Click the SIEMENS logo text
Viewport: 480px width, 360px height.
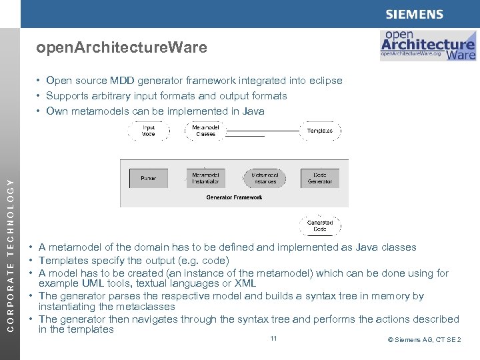pyautogui.click(x=413, y=14)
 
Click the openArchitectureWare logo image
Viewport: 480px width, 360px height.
pyautogui.click(x=427, y=45)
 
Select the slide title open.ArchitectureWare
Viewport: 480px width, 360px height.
pyautogui.click(x=121, y=48)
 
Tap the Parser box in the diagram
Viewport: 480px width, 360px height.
pyautogui.click(x=149, y=178)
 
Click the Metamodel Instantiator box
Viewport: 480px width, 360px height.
pyautogui.click(x=205, y=178)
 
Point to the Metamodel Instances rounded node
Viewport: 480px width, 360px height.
pyautogui.click(x=264, y=178)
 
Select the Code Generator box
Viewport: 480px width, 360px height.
pyautogui.click(x=319, y=178)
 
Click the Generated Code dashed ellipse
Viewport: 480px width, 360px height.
pyautogui.click(x=319, y=225)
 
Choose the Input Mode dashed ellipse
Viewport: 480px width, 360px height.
pyautogui.click(x=149, y=131)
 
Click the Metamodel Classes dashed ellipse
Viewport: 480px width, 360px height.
pyautogui.click(x=205, y=131)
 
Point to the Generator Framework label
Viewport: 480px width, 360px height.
pyautogui.click(x=234, y=197)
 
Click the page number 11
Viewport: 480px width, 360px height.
pyautogui.click(x=273, y=339)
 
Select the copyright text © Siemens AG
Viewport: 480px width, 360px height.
pyautogui.click(x=424, y=340)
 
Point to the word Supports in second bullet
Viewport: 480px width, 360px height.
pyautogui.click(x=66, y=96)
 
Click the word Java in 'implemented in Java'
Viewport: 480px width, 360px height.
pyautogui.click(x=253, y=111)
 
